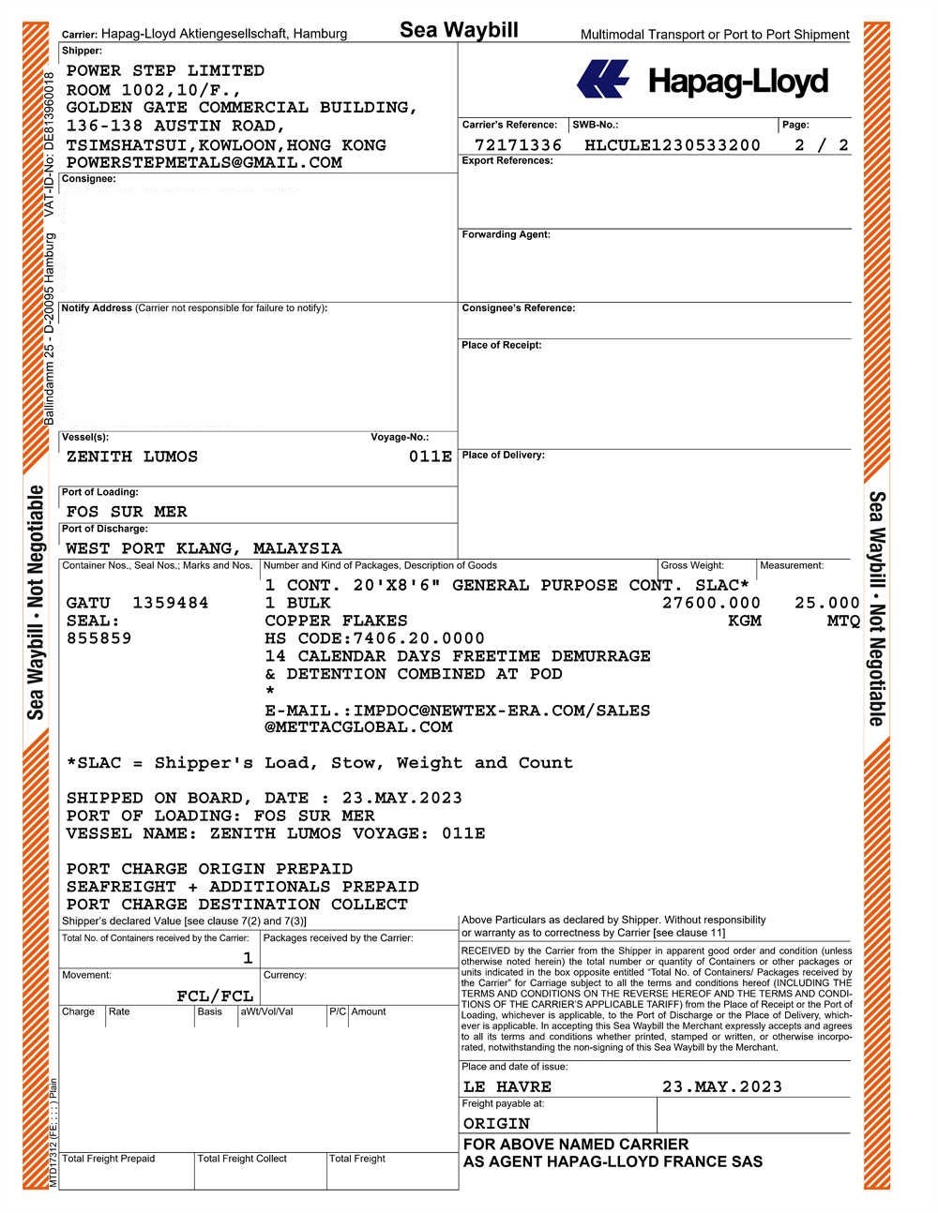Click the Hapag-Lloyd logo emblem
(x=603, y=80)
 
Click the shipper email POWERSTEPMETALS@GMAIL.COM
(x=204, y=163)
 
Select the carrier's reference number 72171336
(x=518, y=145)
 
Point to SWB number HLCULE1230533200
(x=672, y=145)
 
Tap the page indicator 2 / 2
(x=821, y=145)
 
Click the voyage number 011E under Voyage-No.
(x=431, y=457)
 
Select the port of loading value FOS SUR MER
(x=127, y=512)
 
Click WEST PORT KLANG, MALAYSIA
(x=204, y=548)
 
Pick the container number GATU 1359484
(x=137, y=603)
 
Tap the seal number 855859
(x=98, y=638)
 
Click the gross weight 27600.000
(x=711, y=603)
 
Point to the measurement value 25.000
(x=826, y=603)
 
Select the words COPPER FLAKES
(x=336, y=621)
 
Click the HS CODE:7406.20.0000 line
(x=374, y=638)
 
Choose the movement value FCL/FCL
(x=215, y=996)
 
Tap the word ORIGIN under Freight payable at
(x=496, y=1123)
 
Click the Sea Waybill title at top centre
(x=459, y=30)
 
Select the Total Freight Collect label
(x=242, y=1160)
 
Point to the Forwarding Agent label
(x=506, y=235)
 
